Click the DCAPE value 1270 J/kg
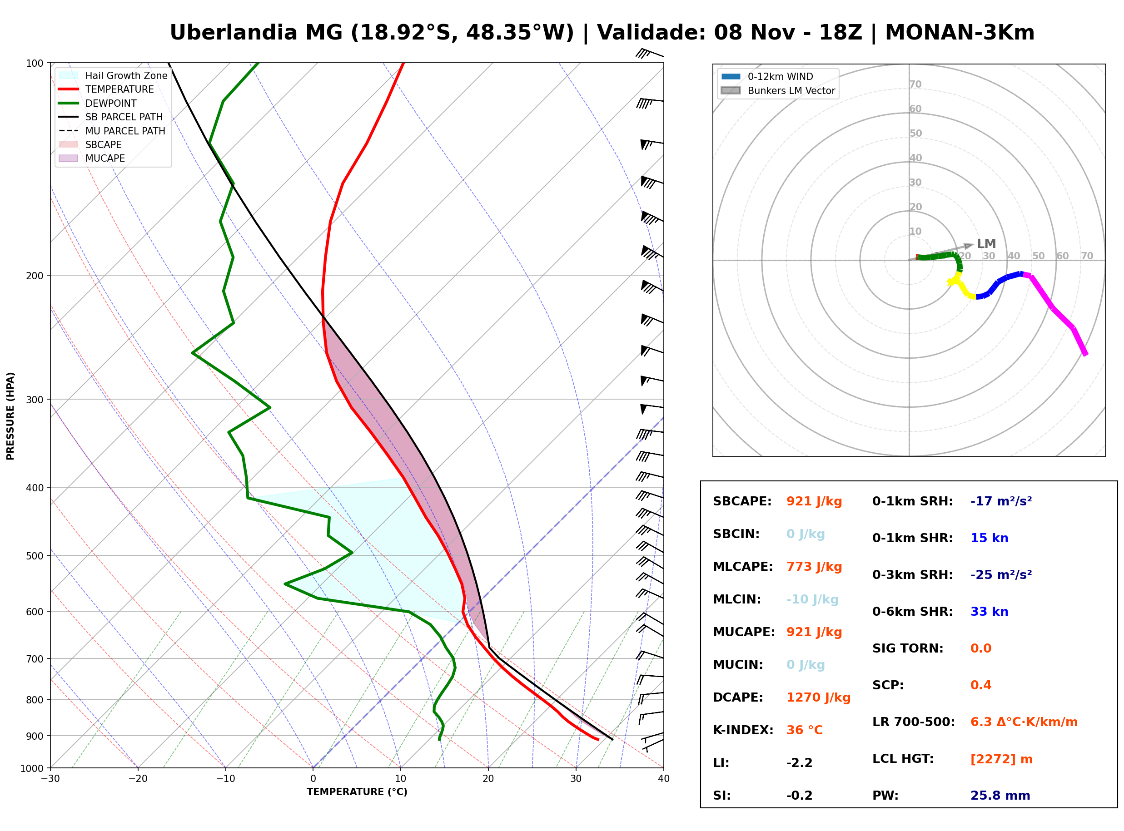pyautogui.click(x=818, y=697)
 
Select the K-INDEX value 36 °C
pyautogui.click(x=804, y=730)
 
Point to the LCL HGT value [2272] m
pyautogui.click(x=1001, y=759)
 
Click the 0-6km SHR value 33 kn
pyautogui.click(x=989, y=612)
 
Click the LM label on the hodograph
pyautogui.click(x=986, y=244)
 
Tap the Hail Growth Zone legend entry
pyautogui.click(x=113, y=75)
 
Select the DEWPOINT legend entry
pyautogui.click(x=98, y=103)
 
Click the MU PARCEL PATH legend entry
pyautogui.click(x=112, y=131)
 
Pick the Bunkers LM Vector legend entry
pyautogui.click(x=778, y=90)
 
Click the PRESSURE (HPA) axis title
pyautogui.click(x=10, y=416)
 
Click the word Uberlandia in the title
pyautogui.click(x=234, y=33)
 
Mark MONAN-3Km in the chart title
pyautogui.click(x=960, y=33)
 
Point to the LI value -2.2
pyautogui.click(x=799, y=763)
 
